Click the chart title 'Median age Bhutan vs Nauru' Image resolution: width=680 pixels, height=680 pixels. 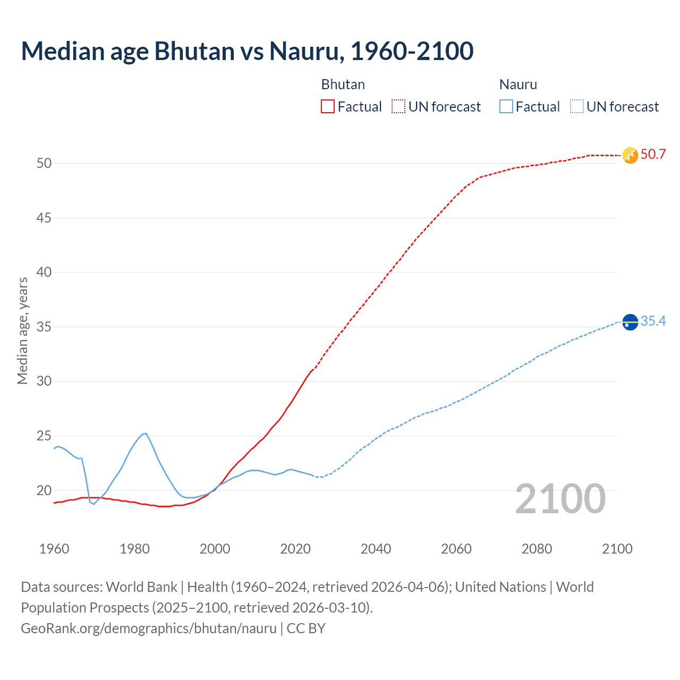pos(247,52)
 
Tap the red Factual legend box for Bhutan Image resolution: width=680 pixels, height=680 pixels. pos(328,107)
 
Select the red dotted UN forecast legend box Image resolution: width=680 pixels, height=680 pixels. pos(398,107)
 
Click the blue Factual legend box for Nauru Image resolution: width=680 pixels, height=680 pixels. pos(506,107)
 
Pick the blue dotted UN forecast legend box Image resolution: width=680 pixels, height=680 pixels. pos(576,107)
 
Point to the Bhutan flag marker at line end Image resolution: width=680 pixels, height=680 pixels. pos(630,155)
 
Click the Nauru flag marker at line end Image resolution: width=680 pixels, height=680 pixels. pos(630,322)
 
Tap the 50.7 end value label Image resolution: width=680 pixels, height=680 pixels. pos(653,155)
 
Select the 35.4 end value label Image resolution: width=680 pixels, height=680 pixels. pos(653,321)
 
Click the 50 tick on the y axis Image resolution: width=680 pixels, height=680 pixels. pos(44,163)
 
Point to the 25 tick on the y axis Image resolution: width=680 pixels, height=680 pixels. pos(44,436)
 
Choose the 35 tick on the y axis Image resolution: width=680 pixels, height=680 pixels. pos(44,327)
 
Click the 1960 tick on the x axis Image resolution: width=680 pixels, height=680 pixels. pos(54,549)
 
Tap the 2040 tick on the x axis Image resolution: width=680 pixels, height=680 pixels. pos(376,549)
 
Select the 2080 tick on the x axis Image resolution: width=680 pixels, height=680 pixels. pos(537,549)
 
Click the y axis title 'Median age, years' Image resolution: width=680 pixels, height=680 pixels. pos(22,330)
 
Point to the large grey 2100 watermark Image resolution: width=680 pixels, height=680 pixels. pos(560,499)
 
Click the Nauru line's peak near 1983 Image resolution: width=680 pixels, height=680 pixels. pos(146,433)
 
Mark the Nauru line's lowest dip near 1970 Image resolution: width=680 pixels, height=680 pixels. pos(94,504)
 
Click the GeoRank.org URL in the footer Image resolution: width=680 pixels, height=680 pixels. pos(149,628)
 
